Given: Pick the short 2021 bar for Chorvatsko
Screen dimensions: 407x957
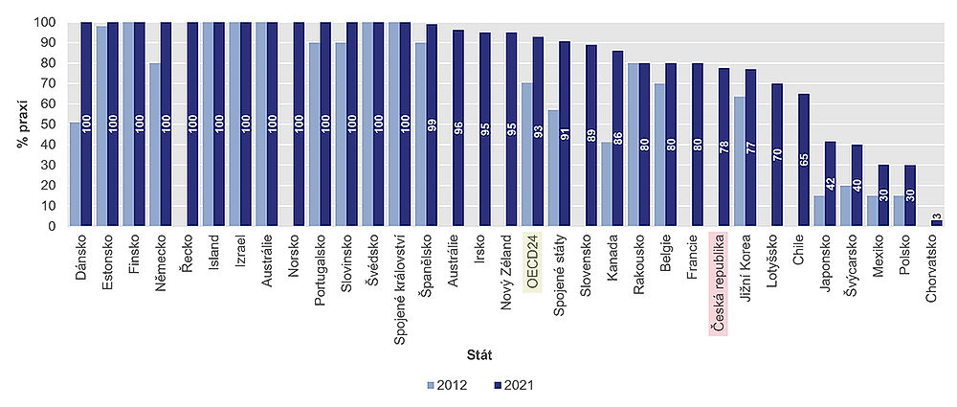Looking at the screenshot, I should [935, 223].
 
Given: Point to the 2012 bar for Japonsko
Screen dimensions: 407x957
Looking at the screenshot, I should [819, 212].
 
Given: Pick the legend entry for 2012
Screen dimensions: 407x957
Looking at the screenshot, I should [448, 385].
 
